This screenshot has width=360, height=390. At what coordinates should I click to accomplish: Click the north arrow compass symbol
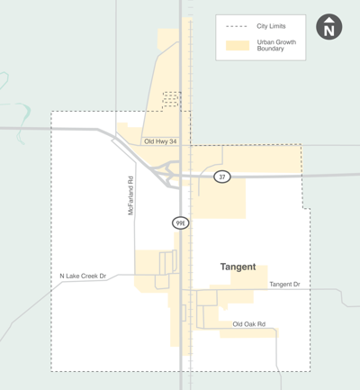(x=329, y=28)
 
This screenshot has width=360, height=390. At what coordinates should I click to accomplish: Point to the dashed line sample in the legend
(x=237, y=26)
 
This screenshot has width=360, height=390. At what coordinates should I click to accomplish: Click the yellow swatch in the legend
(x=237, y=44)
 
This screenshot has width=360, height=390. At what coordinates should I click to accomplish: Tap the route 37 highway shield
(x=222, y=177)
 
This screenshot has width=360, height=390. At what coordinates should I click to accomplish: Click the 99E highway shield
(x=181, y=222)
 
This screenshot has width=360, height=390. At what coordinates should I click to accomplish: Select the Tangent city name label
(x=238, y=268)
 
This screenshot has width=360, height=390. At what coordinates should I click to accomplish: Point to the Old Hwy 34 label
(x=161, y=141)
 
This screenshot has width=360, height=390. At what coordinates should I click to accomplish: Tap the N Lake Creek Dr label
(x=83, y=276)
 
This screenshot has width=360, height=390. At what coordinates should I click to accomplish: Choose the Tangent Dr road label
(x=284, y=284)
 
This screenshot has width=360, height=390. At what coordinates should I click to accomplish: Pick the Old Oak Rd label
(x=249, y=324)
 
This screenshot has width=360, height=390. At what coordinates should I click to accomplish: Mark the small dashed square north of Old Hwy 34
(x=170, y=99)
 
